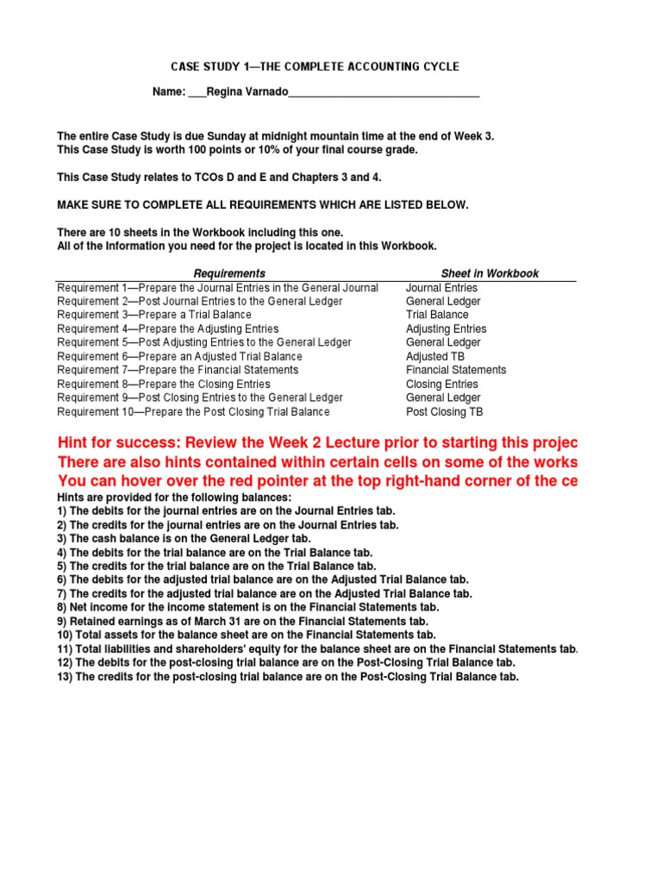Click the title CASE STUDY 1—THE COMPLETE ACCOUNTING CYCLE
click(x=315, y=66)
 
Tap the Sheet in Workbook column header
click(x=490, y=273)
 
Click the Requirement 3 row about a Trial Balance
click(x=154, y=315)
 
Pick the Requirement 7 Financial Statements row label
click(x=178, y=370)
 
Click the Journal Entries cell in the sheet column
click(x=441, y=287)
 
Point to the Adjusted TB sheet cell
click(x=440, y=356)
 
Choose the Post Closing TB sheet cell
click(x=445, y=411)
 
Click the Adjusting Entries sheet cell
click(x=447, y=329)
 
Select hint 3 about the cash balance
click(x=184, y=538)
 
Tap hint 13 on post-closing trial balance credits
click(x=288, y=677)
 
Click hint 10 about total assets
click(x=247, y=635)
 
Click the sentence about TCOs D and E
click(x=219, y=178)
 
